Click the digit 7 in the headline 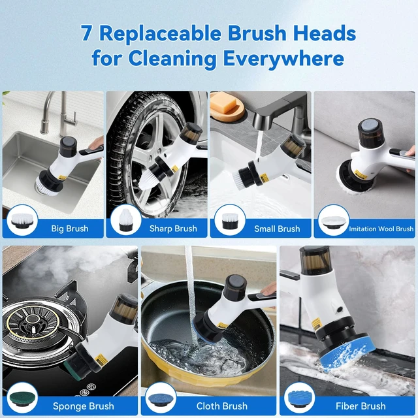tap(86, 33)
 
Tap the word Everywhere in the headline tap(283, 58)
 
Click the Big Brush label tap(70, 229)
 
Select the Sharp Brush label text tap(173, 229)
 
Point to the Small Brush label tap(277, 229)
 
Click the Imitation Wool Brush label tap(381, 229)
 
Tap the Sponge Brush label tap(84, 406)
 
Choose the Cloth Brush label tap(222, 406)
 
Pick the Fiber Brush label tap(361, 406)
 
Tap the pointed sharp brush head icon tap(125, 220)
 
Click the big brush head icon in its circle tap(22, 221)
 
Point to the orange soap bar tap(223, 103)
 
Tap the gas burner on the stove tap(33, 324)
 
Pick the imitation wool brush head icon tap(334, 221)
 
